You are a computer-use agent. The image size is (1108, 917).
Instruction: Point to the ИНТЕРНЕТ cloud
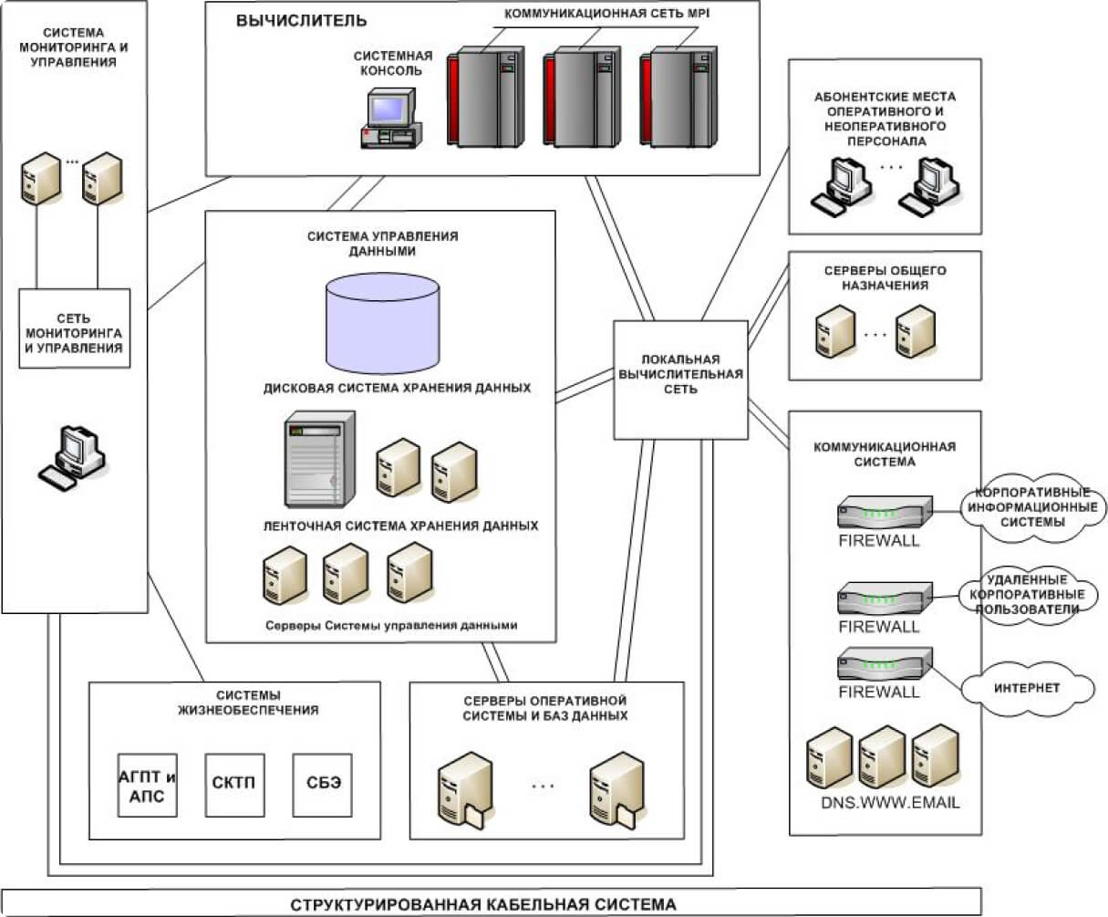click(x=1028, y=688)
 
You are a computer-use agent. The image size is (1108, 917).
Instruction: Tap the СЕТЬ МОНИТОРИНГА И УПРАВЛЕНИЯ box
click(x=75, y=328)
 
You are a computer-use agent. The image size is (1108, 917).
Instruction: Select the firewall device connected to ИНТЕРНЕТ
click(x=884, y=663)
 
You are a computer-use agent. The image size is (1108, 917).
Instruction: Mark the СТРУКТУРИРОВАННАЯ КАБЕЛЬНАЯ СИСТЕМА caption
click(x=483, y=904)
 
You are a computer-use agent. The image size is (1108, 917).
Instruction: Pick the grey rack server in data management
click(x=318, y=459)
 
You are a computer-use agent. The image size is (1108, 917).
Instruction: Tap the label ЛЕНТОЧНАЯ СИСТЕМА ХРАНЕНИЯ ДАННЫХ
click(x=400, y=526)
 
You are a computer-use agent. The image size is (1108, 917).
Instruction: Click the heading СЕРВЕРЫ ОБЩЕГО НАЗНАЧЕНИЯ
click(x=885, y=278)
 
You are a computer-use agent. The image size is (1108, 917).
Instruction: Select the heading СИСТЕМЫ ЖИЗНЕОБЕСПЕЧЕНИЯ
click(x=248, y=703)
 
